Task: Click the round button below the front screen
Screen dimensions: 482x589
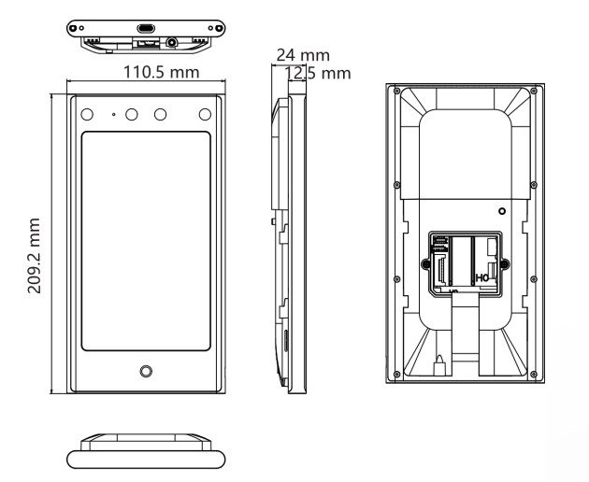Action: tap(146, 372)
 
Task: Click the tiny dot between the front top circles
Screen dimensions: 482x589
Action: tap(112, 114)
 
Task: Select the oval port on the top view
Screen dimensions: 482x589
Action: tap(145, 26)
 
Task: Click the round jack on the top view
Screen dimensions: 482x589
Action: tap(173, 43)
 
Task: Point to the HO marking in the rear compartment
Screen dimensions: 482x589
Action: tap(484, 277)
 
